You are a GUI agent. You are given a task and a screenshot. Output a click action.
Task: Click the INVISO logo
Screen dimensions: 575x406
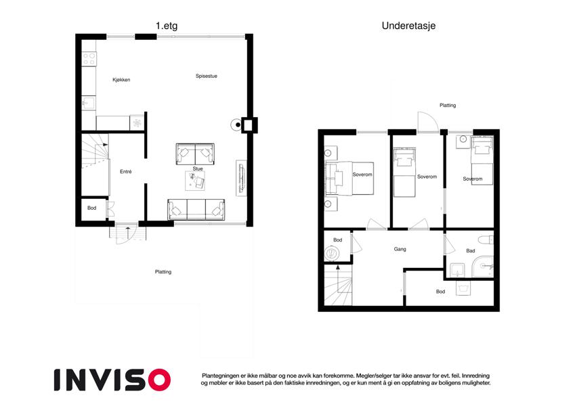[112, 380]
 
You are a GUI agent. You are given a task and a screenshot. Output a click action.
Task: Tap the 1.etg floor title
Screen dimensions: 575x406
[167, 26]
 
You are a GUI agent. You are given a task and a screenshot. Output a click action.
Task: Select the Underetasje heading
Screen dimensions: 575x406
[408, 26]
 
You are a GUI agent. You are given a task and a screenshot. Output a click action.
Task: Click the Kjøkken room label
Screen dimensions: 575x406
[121, 80]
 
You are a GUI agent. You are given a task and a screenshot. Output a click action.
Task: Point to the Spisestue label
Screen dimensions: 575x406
[206, 76]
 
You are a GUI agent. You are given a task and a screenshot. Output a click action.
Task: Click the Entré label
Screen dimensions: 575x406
[125, 171]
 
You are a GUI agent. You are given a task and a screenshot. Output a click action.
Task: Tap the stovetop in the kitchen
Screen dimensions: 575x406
[89, 59]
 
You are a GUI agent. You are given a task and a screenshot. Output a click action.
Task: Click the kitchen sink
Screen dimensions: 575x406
[88, 103]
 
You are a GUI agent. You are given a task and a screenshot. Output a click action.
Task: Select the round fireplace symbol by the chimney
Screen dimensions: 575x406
[236, 125]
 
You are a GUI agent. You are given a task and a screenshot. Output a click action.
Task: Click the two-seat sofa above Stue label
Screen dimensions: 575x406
[195, 154]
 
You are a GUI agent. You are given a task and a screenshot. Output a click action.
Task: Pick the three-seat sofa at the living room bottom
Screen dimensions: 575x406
[196, 210]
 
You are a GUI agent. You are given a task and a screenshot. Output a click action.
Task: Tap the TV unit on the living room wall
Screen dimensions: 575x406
[241, 178]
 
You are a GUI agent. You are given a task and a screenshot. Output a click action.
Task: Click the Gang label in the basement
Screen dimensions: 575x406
[400, 249]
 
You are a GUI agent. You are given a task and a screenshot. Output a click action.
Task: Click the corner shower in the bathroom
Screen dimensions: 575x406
[483, 267]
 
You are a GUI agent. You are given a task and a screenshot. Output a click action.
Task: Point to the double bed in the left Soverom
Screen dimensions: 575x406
[349, 179]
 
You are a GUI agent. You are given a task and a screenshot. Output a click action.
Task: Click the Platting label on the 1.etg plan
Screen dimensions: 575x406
[163, 272]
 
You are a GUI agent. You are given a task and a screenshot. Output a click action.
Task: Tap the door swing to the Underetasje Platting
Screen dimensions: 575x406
[428, 121]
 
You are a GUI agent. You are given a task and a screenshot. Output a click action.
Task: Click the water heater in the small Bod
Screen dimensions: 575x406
[333, 254]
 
